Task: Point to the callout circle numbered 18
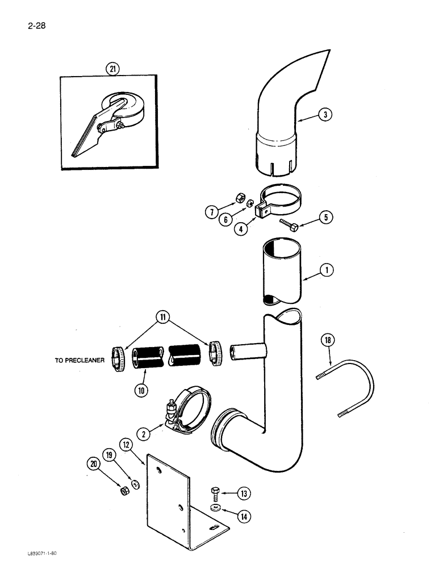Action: tap(328, 341)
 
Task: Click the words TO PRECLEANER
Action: tap(79, 360)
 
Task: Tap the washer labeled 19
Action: tap(136, 484)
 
